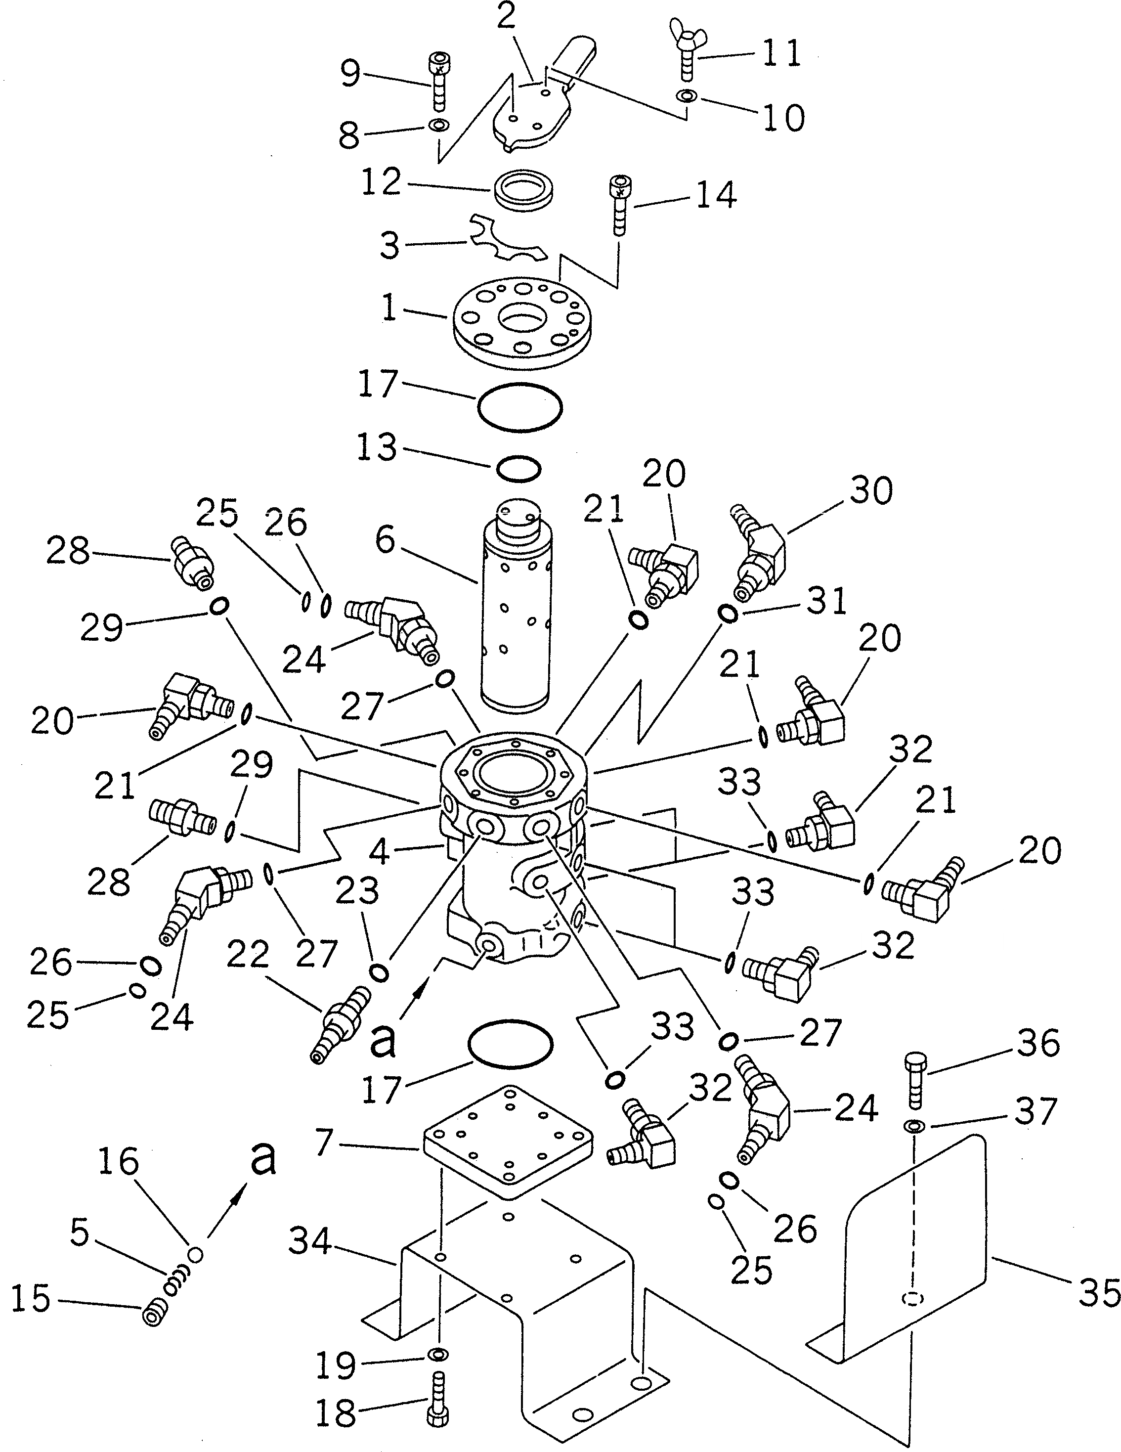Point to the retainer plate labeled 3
point(505,247)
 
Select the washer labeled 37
point(915,1125)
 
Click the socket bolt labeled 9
point(437,84)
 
